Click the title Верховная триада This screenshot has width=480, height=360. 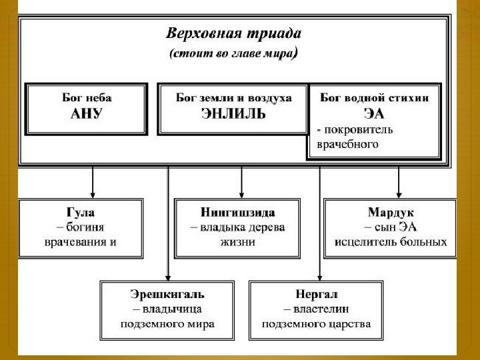pyautogui.click(x=233, y=34)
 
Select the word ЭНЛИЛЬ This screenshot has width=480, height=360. pyautogui.click(x=233, y=113)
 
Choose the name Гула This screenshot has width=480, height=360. pyautogui.click(x=81, y=213)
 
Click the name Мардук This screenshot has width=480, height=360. pyautogui.click(x=391, y=213)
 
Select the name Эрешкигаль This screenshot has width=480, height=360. pyautogui.click(x=167, y=294)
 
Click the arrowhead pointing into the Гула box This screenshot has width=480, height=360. pyautogui.click(x=93, y=193)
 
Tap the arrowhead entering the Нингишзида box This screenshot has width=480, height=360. pyautogui.click(x=241, y=193)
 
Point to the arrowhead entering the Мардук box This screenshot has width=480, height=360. pyautogui.click(x=399, y=193)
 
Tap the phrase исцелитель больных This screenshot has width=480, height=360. pyautogui.click(x=391, y=242)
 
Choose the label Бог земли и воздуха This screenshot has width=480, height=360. pyautogui.click(x=233, y=97)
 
